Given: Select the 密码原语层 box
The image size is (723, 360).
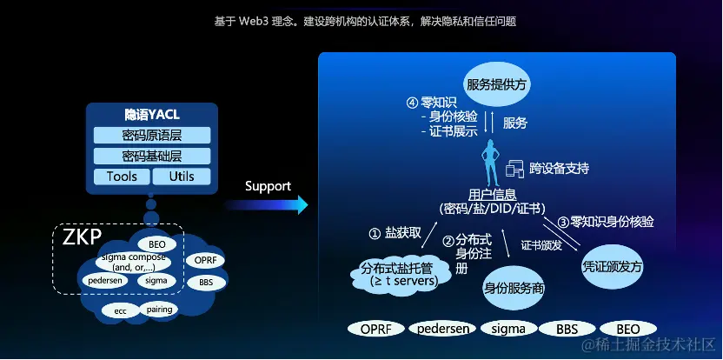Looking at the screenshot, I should (152, 136).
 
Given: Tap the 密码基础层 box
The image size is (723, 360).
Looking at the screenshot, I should (152, 157).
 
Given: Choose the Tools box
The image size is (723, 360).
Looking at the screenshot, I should (122, 177).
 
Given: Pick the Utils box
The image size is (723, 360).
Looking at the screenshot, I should (182, 177).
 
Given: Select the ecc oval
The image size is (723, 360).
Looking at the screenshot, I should (120, 310).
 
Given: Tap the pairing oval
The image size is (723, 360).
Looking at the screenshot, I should (159, 309).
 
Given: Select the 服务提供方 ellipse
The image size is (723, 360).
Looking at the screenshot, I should (498, 84).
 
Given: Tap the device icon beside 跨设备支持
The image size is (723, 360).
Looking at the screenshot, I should (514, 168).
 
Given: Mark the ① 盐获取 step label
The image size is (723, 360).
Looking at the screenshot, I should (395, 233).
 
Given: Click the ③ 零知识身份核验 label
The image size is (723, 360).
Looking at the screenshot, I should (606, 222).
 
